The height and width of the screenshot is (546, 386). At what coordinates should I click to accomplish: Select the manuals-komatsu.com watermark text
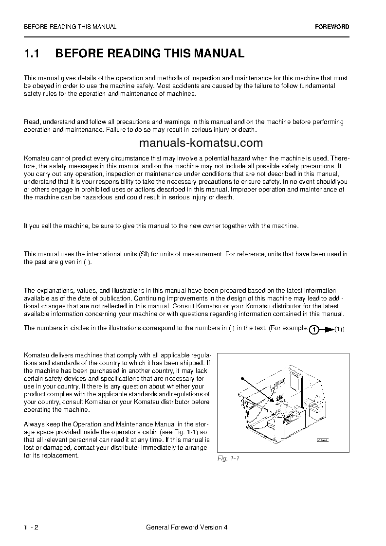[x=201, y=143]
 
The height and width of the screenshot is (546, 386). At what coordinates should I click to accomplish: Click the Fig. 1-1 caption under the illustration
[x=228, y=458]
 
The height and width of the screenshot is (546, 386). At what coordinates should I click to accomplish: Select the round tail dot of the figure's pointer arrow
[x=241, y=378]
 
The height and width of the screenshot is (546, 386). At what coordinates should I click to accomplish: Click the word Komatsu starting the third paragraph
[x=36, y=159]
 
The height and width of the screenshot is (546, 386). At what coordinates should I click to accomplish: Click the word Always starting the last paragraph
[x=33, y=424]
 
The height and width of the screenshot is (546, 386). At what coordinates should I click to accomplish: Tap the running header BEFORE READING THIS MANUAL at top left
[x=70, y=27]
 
